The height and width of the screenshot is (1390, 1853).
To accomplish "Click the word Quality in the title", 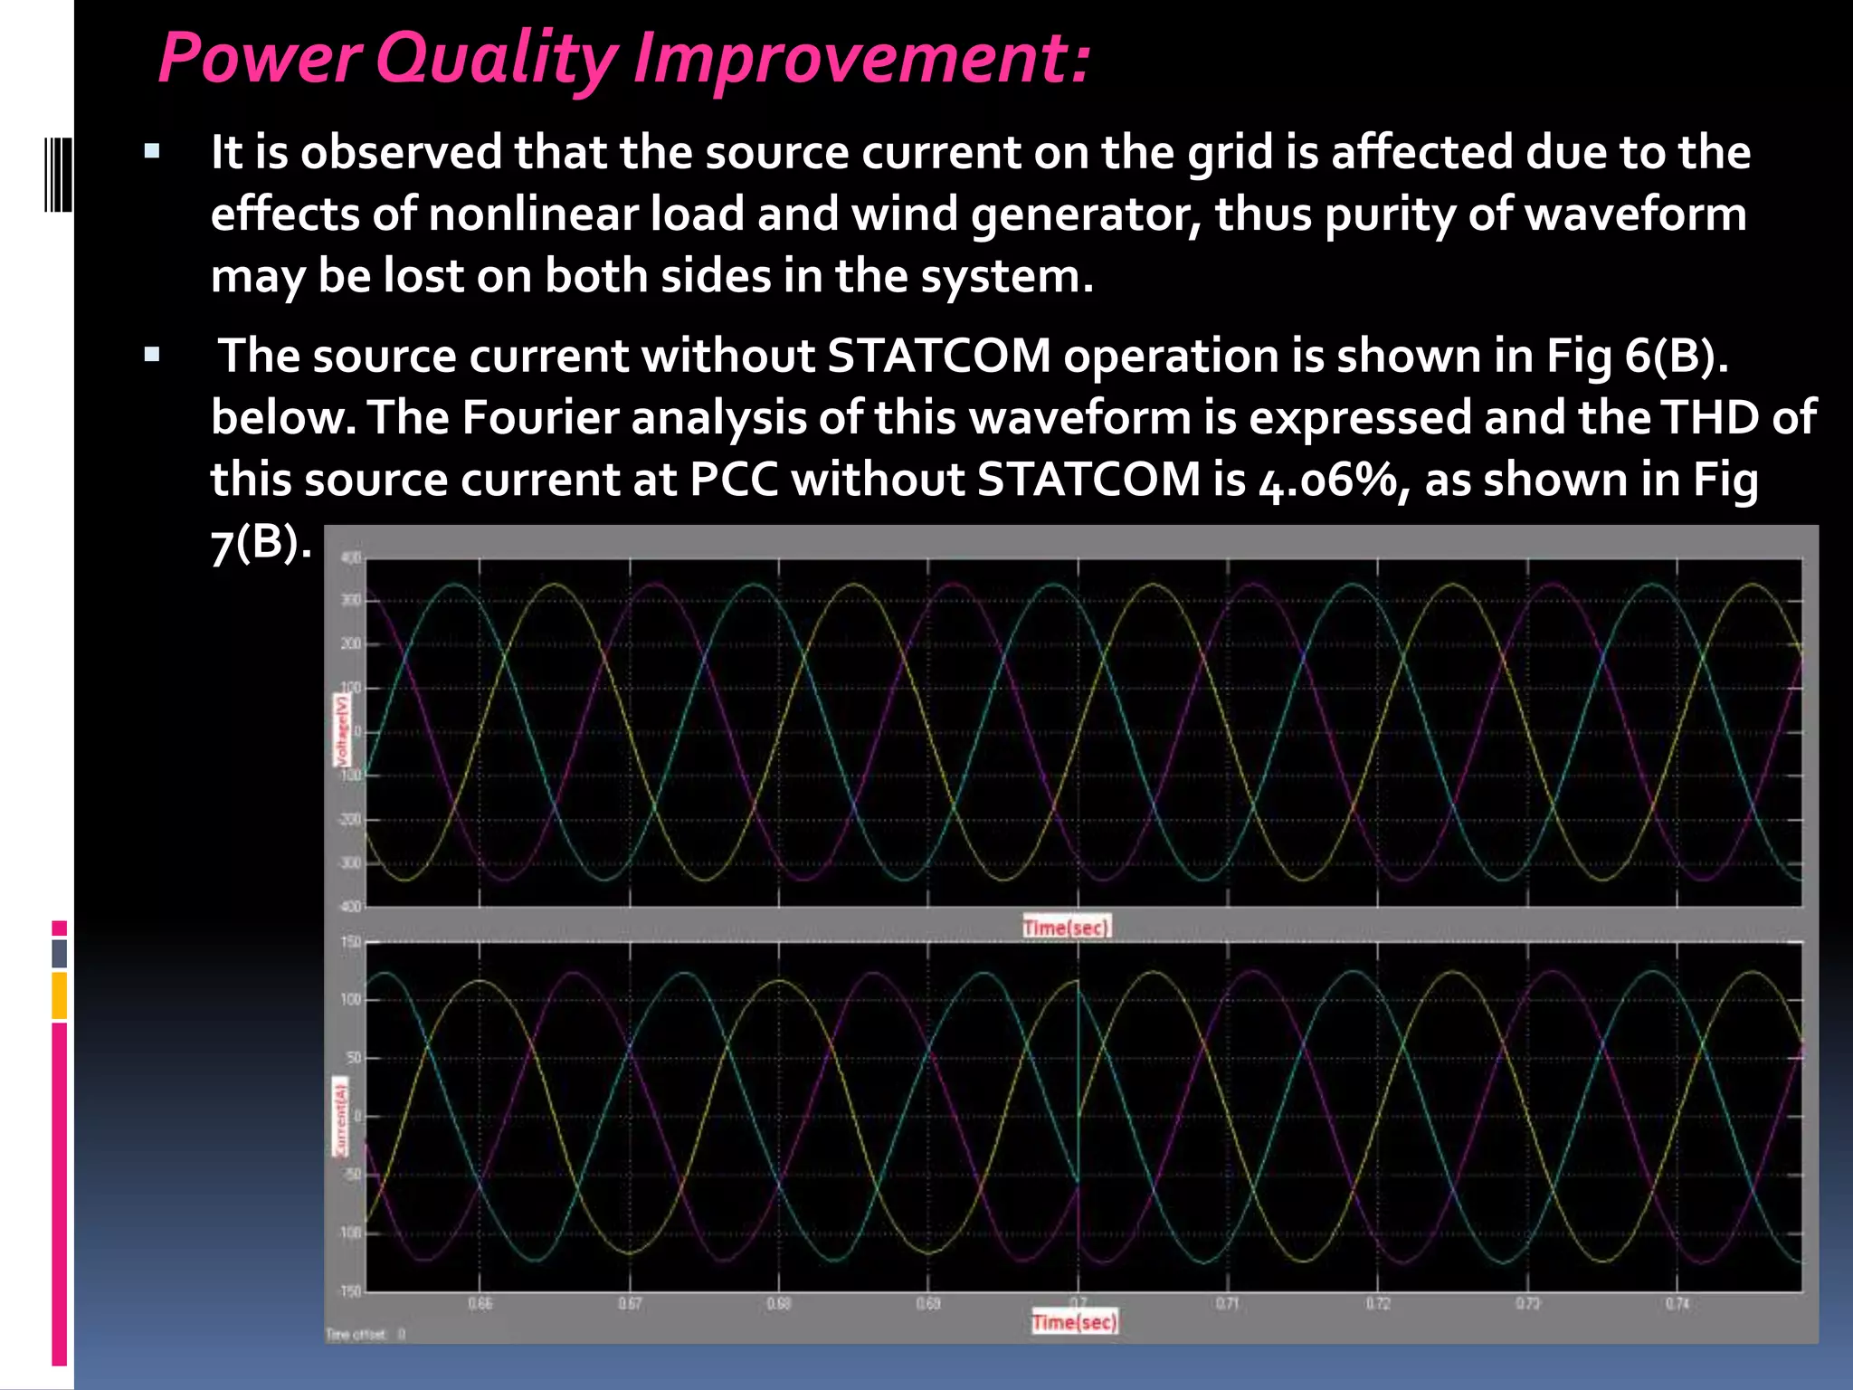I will pyautogui.click(x=496, y=60).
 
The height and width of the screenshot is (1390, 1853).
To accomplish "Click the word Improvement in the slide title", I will pyautogui.click(x=861, y=60).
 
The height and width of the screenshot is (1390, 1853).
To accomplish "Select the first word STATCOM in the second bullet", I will pyautogui.click(x=938, y=356).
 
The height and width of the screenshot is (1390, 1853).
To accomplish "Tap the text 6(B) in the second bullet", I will pyautogui.click(x=1676, y=356).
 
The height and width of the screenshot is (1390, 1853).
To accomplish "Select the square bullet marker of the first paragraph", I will pyautogui.click(x=152, y=151).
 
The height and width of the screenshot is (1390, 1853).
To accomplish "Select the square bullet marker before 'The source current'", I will pyautogui.click(x=152, y=355).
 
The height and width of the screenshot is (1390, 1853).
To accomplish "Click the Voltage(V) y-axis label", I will pyautogui.click(x=341, y=730).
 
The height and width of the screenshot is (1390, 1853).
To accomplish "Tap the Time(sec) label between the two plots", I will pyautogui.click(x=1066, y=927).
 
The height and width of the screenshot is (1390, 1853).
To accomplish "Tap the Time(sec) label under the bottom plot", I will pyautogui.click(x=1075, y=1322).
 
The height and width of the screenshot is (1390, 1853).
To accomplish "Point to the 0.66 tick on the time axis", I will pyautogui.click(x=480, y=1304).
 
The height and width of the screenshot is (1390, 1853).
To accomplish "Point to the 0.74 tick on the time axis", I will pyautogui.click(x=1677, y=1304).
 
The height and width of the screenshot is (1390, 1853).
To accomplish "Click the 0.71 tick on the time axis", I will pyautogui.click(x=1227, y=1304).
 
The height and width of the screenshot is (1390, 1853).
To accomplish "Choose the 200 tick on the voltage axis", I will pyautogui.click(x=350, y=644).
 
